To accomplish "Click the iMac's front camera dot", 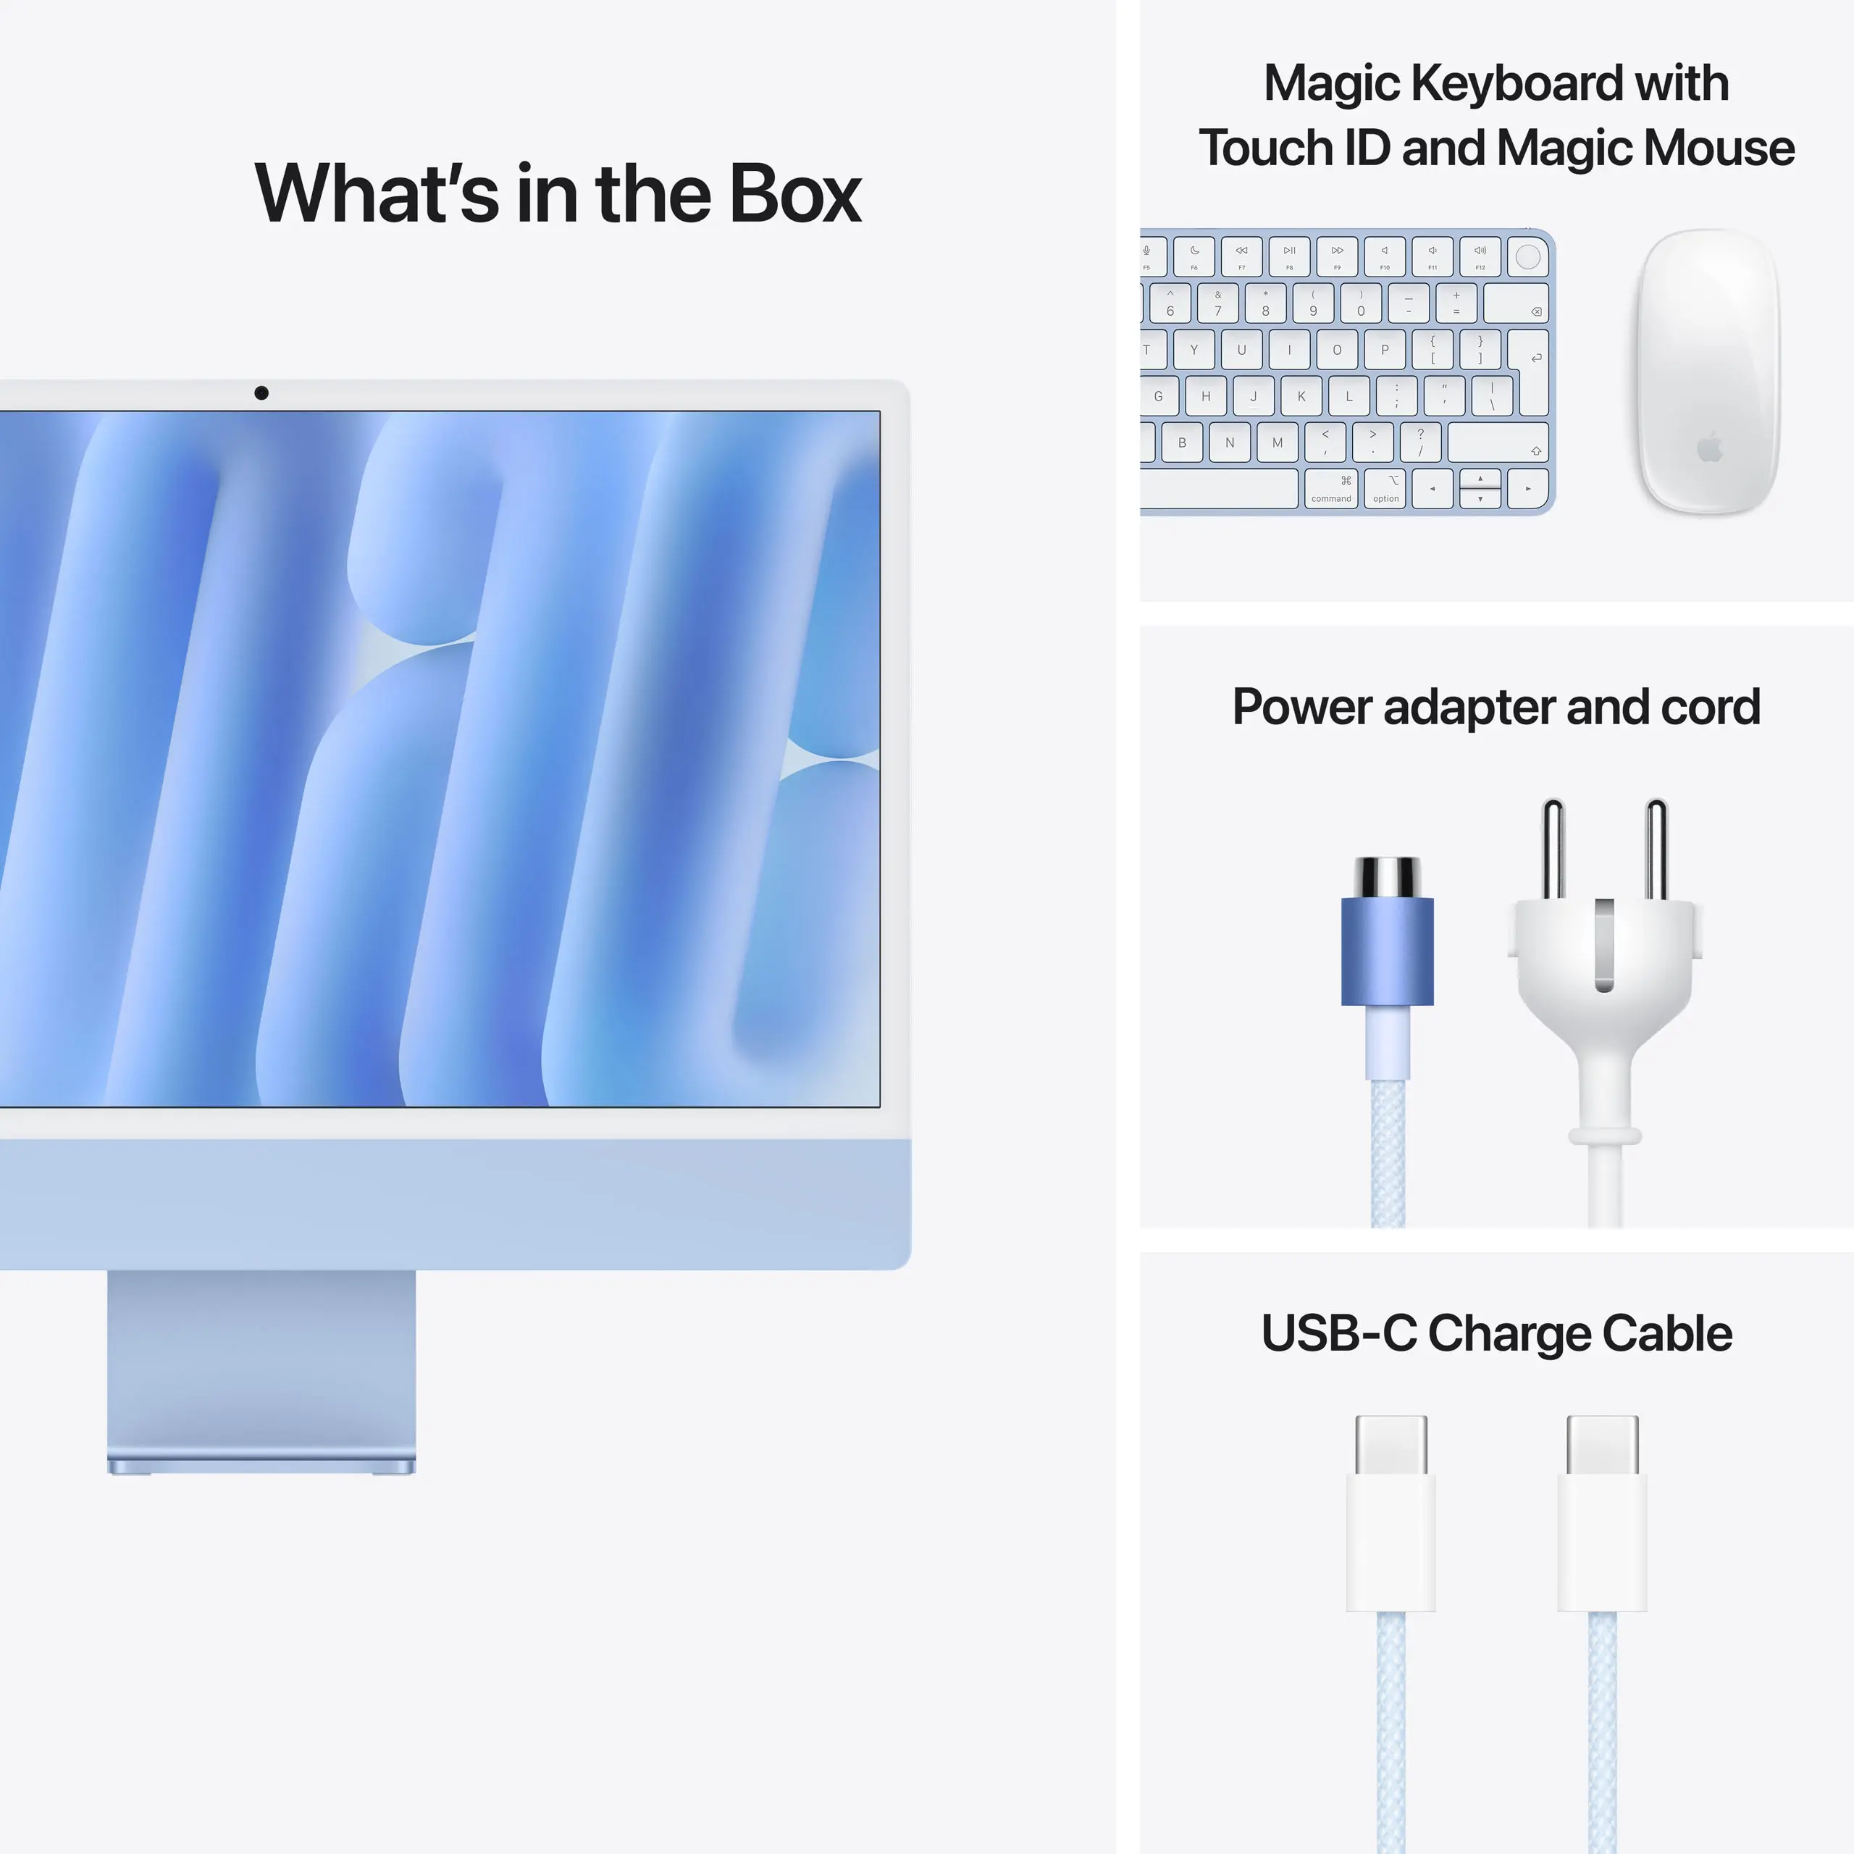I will [261, 393].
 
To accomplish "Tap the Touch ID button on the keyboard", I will [1527, 256].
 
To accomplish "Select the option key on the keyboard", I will [1385, 488].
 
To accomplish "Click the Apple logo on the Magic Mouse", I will [1710, 447].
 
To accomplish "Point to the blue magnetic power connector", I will [1387, 950].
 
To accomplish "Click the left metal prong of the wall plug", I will [1553, 850].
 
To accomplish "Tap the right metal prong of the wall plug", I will [1656, 850].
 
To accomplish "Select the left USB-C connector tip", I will [1390, 1444].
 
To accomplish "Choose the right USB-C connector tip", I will [1602, 1444].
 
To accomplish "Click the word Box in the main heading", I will [794, 194].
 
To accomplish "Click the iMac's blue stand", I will [261, 1367].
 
